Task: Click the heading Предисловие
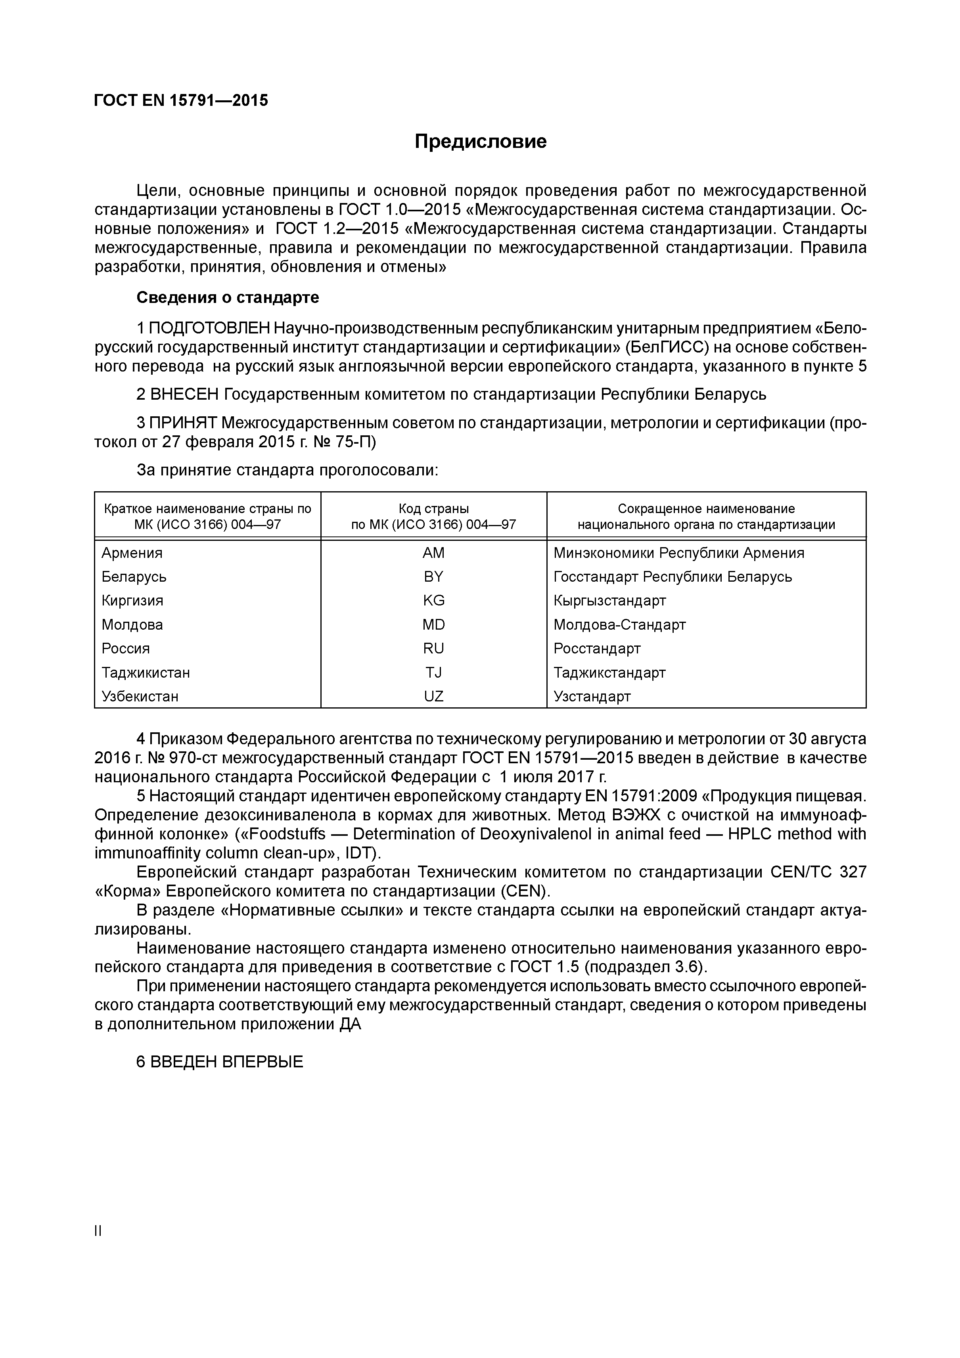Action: click(x=480, y=142)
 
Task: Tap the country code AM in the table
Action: click(x=433, y=553)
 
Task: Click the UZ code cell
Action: click(x=433, y=696)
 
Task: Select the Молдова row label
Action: click(x=132, y=624)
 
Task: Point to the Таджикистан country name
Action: click(x=146, y=672)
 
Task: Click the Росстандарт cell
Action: click(x=596, y=648)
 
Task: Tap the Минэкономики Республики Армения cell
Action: click(x=678, y=553)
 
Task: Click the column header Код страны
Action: click(x=433, y=509)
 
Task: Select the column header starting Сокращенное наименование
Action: click(x=706, y=509)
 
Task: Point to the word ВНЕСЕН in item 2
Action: click(x=184, y=394)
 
